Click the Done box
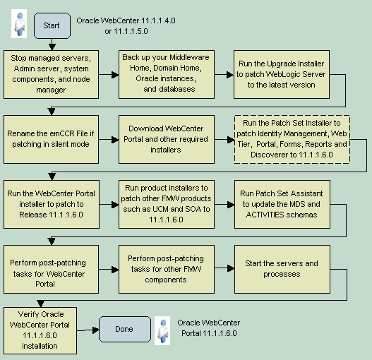[x=124, y=329]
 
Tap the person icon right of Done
[x=162, y=330]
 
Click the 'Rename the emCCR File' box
[x=51, y=138]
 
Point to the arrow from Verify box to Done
[x=86, y=330]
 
